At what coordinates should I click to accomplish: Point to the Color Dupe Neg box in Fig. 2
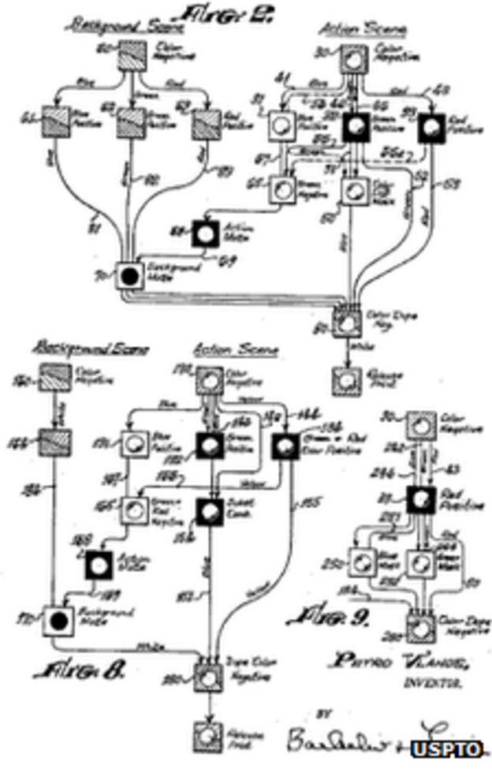click(346, 322)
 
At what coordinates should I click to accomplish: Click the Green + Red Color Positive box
click(286, 446)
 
